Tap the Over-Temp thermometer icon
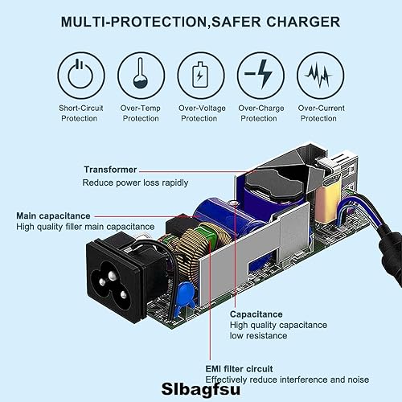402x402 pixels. (141, 75)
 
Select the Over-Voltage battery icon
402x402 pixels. (199, 75)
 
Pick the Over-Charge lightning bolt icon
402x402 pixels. (259, 75)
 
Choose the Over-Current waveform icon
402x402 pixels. (318, 75)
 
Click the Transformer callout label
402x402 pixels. (109, 170)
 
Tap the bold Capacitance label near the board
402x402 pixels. (256, 314)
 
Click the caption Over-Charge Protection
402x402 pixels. (259, 113)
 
